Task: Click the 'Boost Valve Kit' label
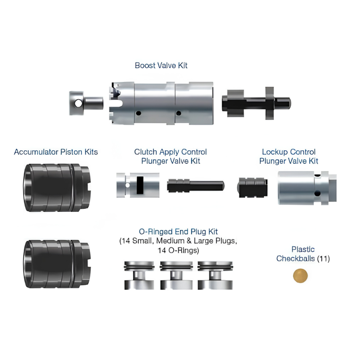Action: (161, 65)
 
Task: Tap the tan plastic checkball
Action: (300, 275)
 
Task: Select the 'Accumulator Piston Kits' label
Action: (56, 152)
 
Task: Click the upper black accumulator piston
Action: (58, 187)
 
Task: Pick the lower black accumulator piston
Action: (58, 264)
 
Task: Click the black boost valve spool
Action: (256, 103)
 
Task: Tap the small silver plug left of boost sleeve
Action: (86, 103)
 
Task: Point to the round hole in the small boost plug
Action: (78, 103)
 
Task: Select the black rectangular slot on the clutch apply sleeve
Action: (140, 185)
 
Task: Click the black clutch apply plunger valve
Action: (196, 186)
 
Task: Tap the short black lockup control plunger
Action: (252, 187)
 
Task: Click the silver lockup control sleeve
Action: (307, 188)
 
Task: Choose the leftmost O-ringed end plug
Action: (139, 275)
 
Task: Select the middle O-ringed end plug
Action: (176, 275)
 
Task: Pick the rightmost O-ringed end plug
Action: (215, 275)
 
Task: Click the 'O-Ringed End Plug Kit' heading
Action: (178, 232)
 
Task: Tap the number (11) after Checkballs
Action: (323, 259)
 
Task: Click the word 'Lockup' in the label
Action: (274, 152)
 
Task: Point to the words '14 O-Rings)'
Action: (178, 250)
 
